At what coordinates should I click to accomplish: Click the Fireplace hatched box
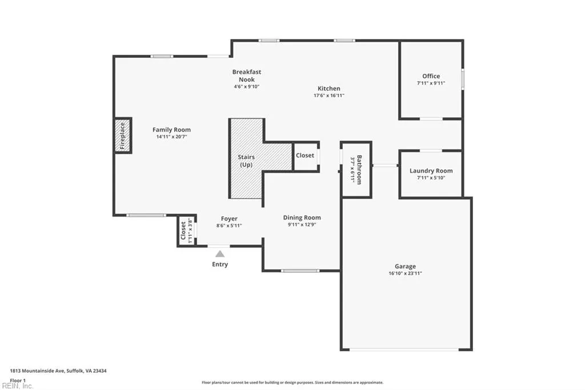point(123,136)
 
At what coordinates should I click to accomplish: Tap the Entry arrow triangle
point(220,254)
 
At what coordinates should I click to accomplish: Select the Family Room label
point(171,130)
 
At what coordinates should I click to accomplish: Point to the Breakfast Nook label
point(247,75)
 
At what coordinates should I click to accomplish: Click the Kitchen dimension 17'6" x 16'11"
point(328,96)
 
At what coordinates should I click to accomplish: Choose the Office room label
point(431,76)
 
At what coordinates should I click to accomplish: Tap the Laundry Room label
point(431,170)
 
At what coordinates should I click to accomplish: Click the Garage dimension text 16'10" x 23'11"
point(405,273)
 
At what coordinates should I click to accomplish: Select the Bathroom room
point(356,169)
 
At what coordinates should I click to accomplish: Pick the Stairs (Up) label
point(246,161)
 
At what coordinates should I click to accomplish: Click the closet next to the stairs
point(304,156)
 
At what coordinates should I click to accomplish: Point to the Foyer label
point(229,218)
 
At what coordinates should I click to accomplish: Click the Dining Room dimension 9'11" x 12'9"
point(302,225)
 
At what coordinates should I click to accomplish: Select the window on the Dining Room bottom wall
point(300,270)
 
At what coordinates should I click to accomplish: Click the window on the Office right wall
point(462,79)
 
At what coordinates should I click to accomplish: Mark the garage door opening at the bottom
point(406,349)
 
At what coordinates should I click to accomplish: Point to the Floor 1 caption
point(18,380)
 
